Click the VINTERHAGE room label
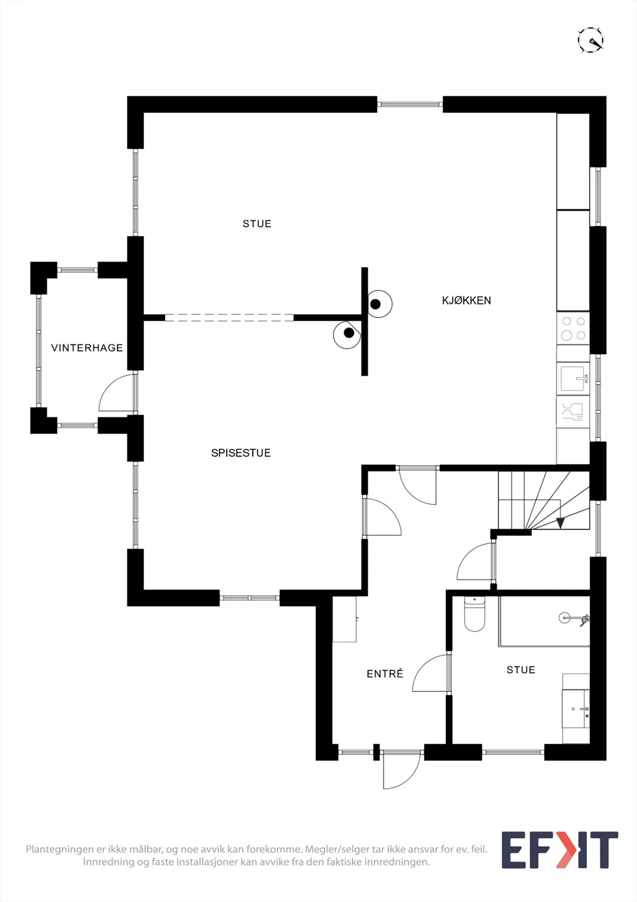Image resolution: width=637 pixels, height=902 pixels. click(87, 348)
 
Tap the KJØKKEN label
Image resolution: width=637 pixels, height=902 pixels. click(466, 300)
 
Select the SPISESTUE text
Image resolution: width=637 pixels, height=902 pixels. click(240, 453)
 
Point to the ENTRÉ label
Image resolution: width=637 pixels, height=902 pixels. click(385, 674)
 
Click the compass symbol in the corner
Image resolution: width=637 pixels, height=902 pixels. click(591, 40)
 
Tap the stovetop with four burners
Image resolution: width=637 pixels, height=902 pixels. click(573, 329)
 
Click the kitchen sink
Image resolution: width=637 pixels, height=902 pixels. click(573, 379)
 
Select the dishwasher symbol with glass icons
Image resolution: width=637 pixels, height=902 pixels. click(573, 412)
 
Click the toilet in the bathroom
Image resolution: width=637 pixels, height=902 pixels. click(474, 614)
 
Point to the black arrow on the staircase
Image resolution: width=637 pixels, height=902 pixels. click(560, 523)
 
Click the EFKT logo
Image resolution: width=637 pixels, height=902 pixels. click(560, 850)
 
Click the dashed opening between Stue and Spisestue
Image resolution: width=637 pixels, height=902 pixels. click(229, 318)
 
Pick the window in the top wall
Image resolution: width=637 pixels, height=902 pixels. click(410, 105)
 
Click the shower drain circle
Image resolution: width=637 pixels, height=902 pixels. click(564, 618)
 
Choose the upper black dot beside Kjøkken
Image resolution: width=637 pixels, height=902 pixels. click(376, 304)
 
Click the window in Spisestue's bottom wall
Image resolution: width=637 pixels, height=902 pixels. click(250, 598)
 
